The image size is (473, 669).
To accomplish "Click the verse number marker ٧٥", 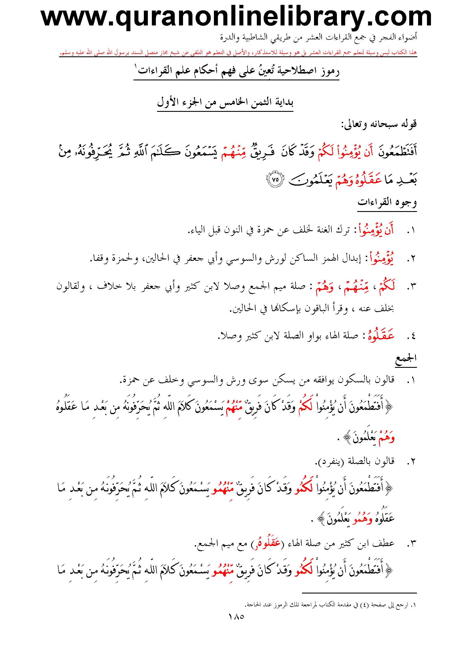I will [x=275, y=179].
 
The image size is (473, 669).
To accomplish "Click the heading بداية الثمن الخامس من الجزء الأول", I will [x=225, y=103].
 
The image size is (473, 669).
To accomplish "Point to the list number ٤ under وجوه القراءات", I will [x=411, y=337].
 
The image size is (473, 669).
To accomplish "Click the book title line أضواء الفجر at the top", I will [x=319, y=37].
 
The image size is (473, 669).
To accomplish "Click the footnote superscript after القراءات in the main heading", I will [x=136, y=66].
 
